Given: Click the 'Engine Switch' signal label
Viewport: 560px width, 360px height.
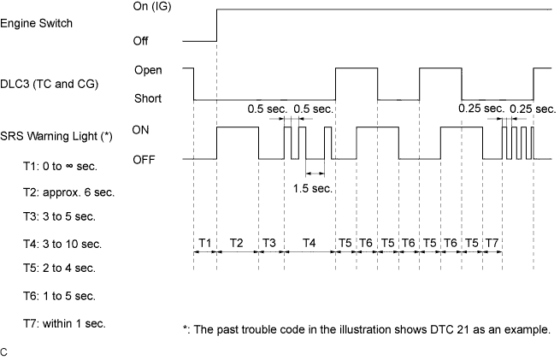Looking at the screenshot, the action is coord(36,24).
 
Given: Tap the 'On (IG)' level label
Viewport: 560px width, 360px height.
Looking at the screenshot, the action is coord(152,7).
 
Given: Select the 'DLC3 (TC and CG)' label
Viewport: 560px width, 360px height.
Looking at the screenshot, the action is coord(50,85).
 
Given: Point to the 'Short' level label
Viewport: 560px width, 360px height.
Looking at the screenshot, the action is coord(148,98).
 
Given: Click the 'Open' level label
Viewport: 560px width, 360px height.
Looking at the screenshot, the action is coord(148,70).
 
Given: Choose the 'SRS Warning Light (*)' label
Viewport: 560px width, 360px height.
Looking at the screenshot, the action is coord(56,137).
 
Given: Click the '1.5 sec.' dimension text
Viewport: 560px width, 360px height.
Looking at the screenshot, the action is coord(313,188).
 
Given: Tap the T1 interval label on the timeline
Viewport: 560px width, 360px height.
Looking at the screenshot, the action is coord(204,243).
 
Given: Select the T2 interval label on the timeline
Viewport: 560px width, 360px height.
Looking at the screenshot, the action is coord(237,243).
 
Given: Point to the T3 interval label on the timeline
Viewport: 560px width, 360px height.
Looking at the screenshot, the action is coord(269,243).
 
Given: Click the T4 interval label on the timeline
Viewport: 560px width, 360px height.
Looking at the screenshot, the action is coord(309,243).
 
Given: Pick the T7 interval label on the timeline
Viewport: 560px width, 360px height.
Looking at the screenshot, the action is coord(492,243).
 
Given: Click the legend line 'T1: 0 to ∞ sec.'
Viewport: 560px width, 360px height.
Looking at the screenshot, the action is coord(61,167).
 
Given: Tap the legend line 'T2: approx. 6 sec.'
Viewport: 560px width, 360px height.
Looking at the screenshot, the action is coord(69,193).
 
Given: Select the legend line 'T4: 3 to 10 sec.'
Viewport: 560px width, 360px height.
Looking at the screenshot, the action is coord(62,245).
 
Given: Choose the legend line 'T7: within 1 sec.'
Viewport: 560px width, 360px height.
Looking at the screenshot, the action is coord(65,324).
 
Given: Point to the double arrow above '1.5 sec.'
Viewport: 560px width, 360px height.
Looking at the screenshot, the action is coord(315,174).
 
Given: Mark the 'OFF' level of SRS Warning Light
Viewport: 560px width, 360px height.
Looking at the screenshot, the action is coord(144,160).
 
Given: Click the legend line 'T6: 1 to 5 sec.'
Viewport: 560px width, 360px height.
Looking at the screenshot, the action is coord(60,297).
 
